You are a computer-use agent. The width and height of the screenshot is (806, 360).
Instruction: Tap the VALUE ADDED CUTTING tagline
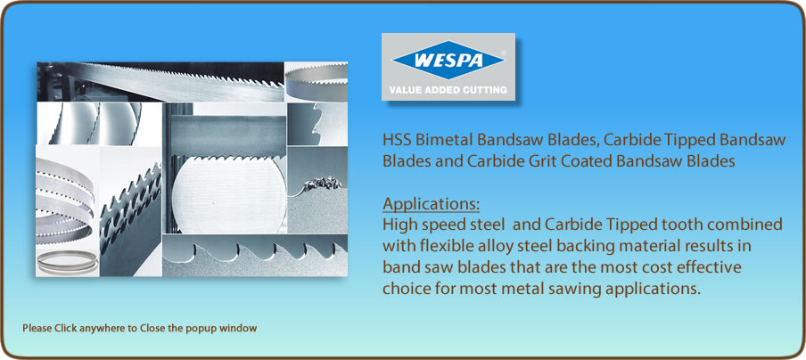[448, 89]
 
